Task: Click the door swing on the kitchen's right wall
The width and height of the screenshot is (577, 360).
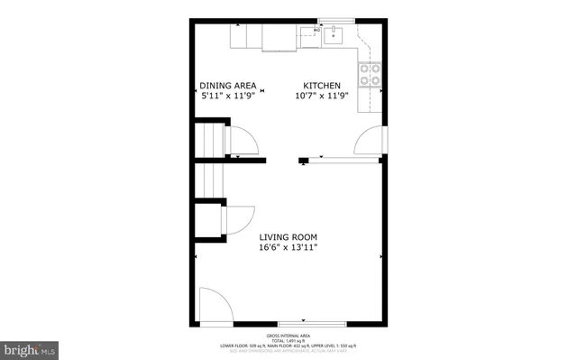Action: click(x=370, y=142)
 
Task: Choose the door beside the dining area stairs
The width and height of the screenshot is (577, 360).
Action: click(x=241, y=142)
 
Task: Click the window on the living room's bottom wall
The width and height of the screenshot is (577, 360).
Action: click(x=311, y=322)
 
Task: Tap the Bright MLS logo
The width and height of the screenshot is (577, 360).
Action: click(x=31, y=348)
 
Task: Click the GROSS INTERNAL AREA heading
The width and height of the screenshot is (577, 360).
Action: click(x=288, y=333)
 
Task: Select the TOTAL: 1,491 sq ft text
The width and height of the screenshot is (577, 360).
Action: click(x=288, y=338)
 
